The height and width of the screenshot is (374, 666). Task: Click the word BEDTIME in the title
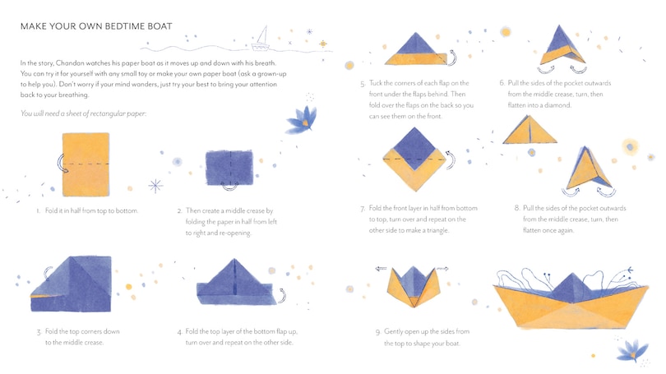click(125, 26)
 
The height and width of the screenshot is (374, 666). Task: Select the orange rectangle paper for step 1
click(86, 164)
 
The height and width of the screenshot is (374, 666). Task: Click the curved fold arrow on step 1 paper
click(61, 163)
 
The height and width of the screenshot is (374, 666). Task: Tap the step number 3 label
click(39, 332)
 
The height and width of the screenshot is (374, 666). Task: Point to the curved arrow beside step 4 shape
click(282, 295)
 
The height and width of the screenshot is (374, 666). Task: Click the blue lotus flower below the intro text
click(302, 119)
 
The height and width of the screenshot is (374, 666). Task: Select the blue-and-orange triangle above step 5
click(416, 48)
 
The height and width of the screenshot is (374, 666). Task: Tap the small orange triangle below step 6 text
click(530, 131)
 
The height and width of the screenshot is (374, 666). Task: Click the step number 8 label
click(517, 208)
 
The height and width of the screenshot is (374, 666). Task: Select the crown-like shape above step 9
click(414, 286)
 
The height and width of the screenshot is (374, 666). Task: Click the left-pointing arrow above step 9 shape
click(381, 269)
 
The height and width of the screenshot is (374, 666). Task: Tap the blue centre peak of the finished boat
click(571, 288)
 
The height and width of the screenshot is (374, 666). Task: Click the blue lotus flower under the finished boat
click(632, 350)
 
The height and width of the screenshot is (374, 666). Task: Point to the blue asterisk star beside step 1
click(155, 186)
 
